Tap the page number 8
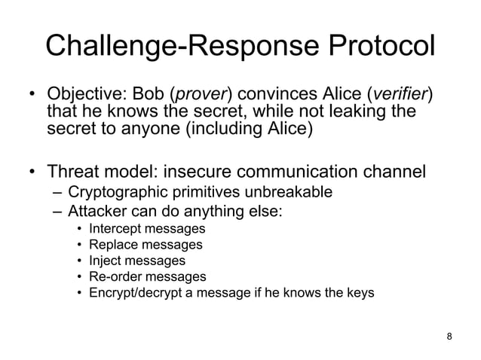[x=450, y=335]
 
